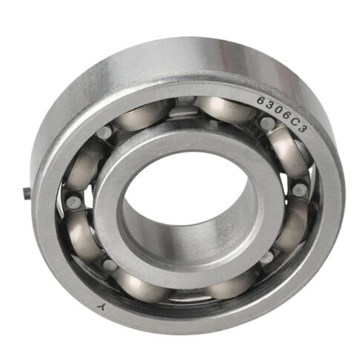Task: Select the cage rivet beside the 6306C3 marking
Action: (264, 123)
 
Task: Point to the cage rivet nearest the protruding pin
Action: (71, 201)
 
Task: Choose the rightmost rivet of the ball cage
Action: (300, 189)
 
